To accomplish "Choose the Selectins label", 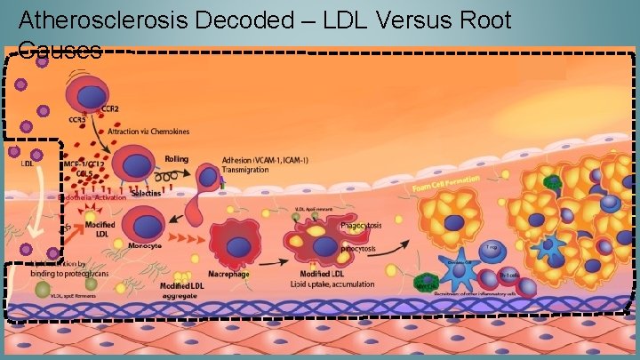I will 142,192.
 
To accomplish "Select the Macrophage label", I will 229,275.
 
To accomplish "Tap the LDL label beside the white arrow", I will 28,163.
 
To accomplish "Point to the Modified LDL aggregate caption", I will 183,287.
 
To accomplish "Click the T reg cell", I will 491,252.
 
